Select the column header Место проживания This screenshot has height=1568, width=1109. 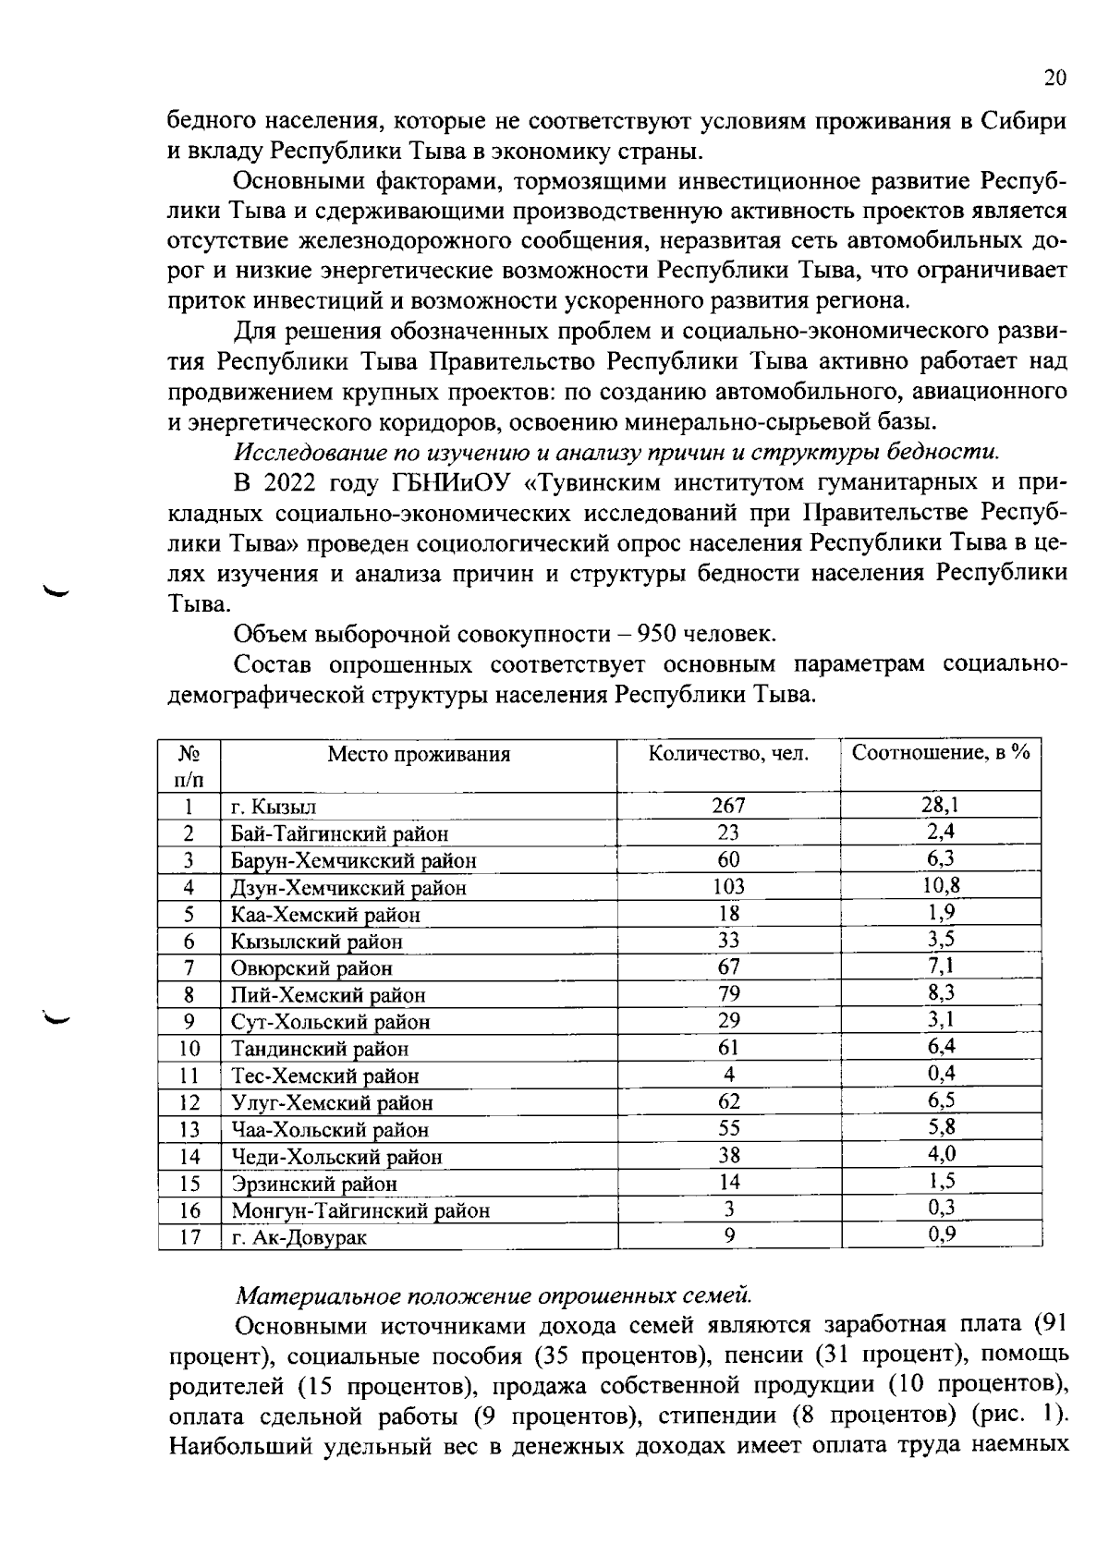click(419, 754)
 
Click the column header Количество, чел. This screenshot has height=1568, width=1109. click(728, 753)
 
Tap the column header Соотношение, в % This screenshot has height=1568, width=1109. click(941, 752)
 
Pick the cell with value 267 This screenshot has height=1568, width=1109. click(728, 806)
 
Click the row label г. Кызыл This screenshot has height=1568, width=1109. click(274, 808)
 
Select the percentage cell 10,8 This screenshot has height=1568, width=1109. click(941, 885)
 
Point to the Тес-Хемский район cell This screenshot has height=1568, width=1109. click(325, 1076)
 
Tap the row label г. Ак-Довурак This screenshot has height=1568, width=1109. click(299, 1237)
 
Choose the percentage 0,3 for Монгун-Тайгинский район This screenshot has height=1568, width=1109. click(941, 1207)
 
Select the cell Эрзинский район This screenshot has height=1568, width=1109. click(314, 1184)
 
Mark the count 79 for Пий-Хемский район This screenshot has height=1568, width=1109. click(728, 994)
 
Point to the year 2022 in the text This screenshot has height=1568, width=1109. click(293, 483)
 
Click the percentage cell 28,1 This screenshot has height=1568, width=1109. click(941, 805)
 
